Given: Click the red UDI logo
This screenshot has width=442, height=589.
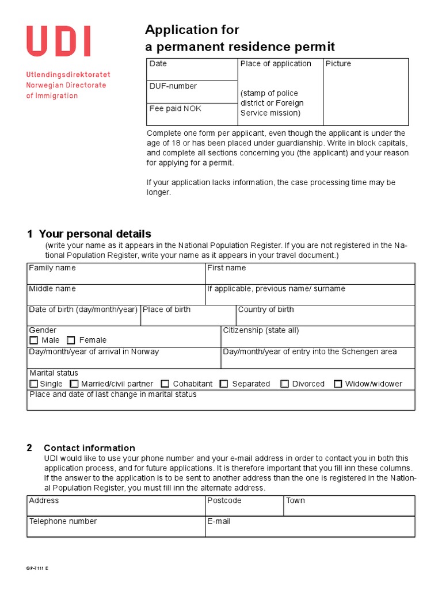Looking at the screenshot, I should coord(58,41).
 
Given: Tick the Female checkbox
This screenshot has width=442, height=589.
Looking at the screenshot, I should coord(71,341).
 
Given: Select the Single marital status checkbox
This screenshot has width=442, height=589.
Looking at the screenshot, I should coord(34,384).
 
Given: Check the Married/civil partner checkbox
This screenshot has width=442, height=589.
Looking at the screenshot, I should coord(74,384).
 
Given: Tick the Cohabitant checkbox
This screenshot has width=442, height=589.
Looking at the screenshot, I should coord(165,384).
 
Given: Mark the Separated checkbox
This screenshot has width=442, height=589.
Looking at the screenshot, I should coord(224,384).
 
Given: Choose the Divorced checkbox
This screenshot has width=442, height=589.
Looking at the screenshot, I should coord(285,384).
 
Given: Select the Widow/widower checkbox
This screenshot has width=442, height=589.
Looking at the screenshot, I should coord(338,384).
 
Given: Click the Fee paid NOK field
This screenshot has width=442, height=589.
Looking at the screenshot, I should coord(192,117).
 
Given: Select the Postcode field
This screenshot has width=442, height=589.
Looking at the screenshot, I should coord(244,509).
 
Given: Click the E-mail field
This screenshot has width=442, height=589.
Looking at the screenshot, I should coord(310,530).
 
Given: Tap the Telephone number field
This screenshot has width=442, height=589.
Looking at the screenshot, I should coord(116,530).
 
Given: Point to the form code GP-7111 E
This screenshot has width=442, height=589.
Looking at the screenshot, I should coord(37,568).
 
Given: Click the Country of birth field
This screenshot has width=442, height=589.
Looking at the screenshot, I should coord(325,318).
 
